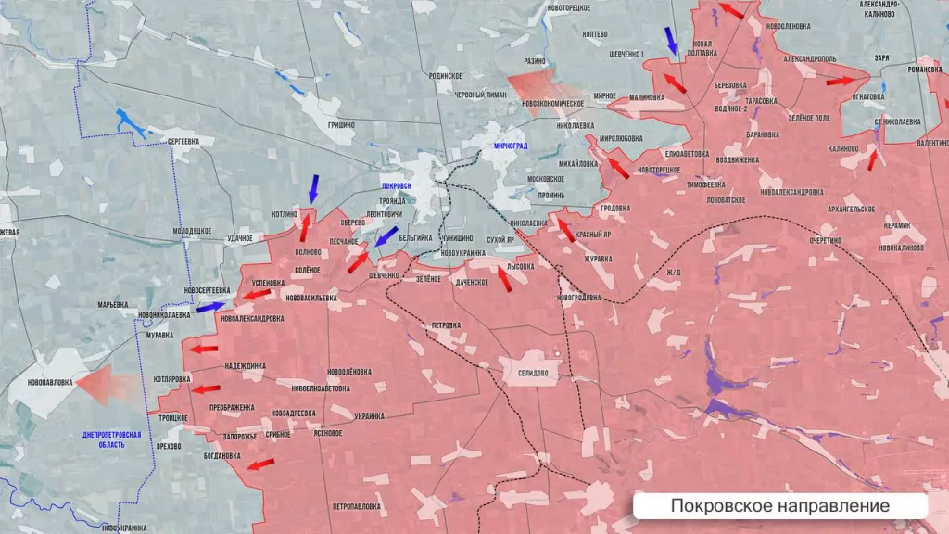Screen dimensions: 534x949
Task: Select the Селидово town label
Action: [526, 373]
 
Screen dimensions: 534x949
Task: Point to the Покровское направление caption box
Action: [779, 506]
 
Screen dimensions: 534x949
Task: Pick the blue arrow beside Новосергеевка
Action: [210, 306]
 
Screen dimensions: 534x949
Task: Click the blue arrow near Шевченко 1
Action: [671, 41]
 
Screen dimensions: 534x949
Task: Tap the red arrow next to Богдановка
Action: [260, 463]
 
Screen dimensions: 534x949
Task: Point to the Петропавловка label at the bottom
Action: [355, 506]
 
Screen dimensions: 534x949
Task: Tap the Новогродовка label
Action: [579, 298]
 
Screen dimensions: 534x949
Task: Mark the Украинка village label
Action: [368, 416]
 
